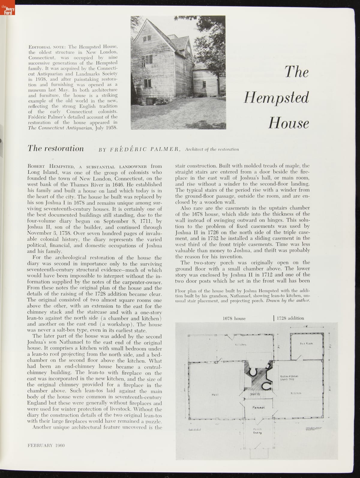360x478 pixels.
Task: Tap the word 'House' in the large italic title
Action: pos(289,123)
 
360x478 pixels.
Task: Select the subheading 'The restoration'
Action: pos(55,148)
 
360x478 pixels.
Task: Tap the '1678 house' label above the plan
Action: pos(234,318)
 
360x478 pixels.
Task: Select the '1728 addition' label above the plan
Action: pos(290,318)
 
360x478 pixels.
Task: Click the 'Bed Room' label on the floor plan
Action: pos(306,343)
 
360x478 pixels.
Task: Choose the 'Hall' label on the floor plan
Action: pos(214,394)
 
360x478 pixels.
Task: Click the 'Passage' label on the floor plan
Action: pos(258,407)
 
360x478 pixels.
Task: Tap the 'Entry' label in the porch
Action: pos(258,433)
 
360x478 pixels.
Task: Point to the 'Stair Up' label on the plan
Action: pos(255,394)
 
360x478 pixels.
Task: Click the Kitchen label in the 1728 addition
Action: pos(296,393)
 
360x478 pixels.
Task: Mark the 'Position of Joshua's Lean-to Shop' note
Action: pos(289,378)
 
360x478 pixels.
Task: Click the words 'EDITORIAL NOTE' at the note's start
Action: pos(47,47)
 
